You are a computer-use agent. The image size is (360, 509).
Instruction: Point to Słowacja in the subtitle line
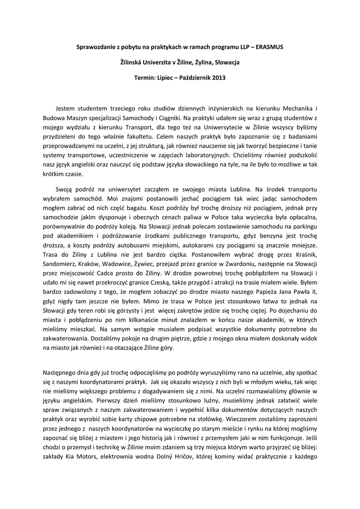pyautogui.click(x=226, y=63)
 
